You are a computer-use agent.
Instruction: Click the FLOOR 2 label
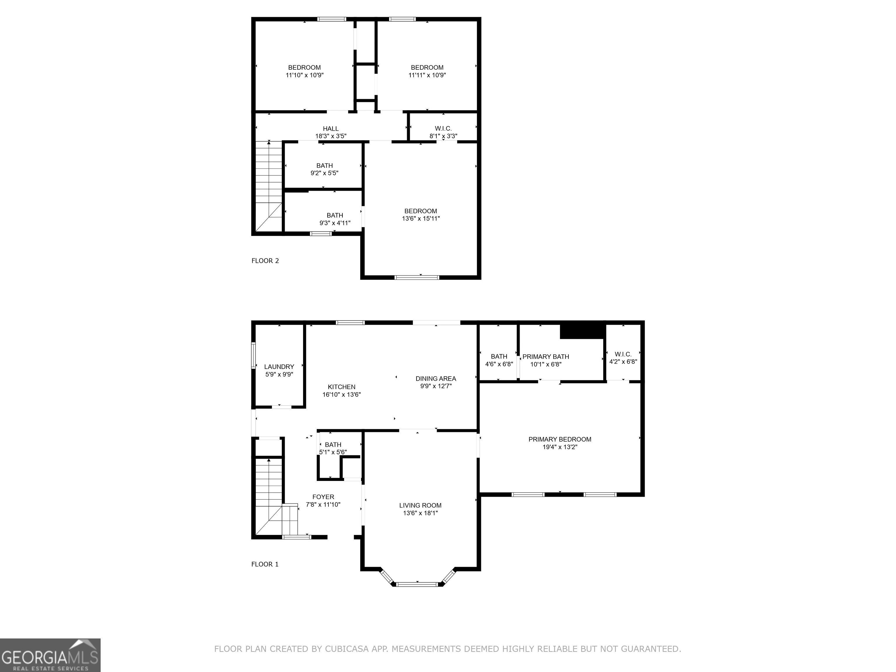coord(265,260)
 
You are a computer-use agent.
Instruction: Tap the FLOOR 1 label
coord(265,564)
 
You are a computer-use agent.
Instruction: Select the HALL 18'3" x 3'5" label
coord(330,132)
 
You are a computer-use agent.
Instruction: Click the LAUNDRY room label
coord(279,367)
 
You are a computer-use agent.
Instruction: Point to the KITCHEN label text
coord(342,387)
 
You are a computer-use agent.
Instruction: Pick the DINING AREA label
coord(435,378)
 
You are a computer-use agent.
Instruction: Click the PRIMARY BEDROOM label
coord(559,439)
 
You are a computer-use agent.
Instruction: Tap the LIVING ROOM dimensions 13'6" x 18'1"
coord(420,513)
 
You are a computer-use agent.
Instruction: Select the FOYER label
coord(323,497)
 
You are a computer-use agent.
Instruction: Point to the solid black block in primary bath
coord(582,331)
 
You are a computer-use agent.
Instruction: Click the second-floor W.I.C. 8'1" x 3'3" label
coord(443,132)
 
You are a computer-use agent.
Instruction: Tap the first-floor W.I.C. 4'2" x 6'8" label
coord(623,358)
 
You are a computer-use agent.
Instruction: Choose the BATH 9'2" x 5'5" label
coord(324,169)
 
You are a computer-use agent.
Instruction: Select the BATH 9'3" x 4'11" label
coord(335,219)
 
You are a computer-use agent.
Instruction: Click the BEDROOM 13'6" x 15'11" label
coord(421,214)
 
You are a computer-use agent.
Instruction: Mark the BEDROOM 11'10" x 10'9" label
coord(304,71)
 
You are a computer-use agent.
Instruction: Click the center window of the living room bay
coord(417,584)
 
